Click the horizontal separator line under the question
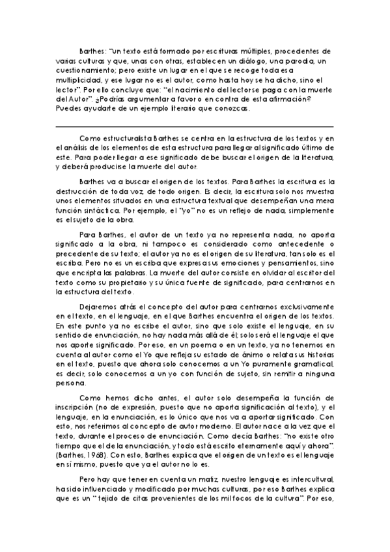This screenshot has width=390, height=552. [x=195, y=126]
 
